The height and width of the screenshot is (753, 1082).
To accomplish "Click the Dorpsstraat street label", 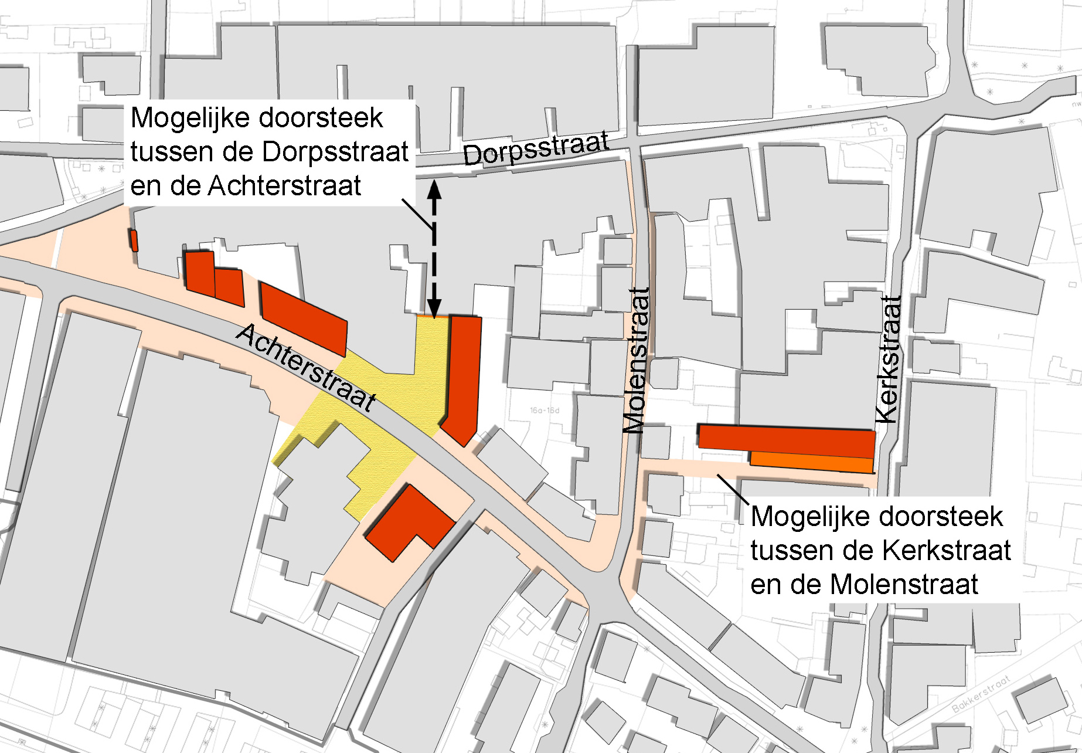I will click(x=536, y=149).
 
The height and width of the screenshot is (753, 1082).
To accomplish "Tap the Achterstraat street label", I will click(x=306, y=368).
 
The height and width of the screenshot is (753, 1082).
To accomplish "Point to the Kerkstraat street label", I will click(x=889, y=359).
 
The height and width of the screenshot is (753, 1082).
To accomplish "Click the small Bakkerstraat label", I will click(x=981, y=693).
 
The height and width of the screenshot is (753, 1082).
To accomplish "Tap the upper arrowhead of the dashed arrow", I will click(x=434, y=190).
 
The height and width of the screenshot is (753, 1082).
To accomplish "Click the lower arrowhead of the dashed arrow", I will click(x=434, y=308).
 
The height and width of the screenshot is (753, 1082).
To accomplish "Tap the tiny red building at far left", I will click(x=134, y=240).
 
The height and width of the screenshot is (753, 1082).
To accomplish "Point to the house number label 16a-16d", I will click(x=545, y=410).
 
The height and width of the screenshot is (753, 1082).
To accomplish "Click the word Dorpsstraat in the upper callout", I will click(x=335, y=152).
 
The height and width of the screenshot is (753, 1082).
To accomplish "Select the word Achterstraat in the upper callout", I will click(x=285, y=186).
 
